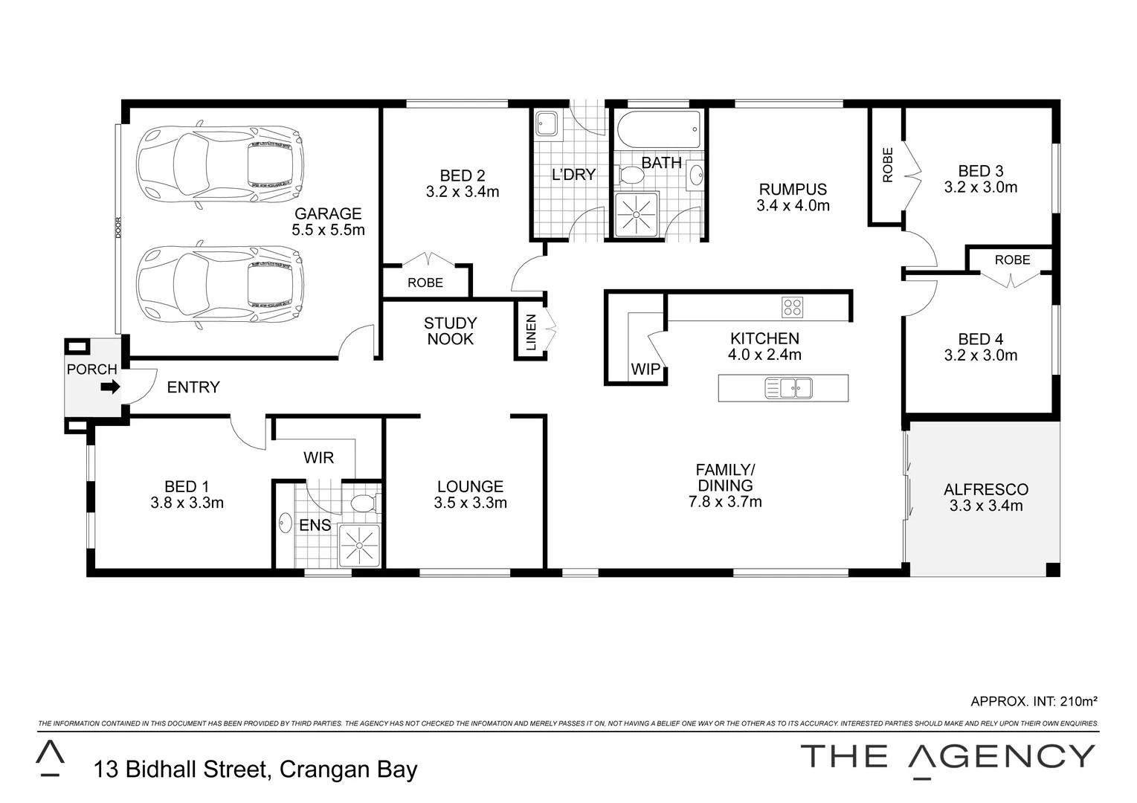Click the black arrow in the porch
110,387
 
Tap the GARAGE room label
328,214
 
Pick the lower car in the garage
220,284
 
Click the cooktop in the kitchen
792,306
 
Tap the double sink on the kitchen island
789,388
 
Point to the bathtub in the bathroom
659,130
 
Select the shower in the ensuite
358,545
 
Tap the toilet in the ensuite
364,503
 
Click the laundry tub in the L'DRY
546,123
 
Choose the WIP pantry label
645,370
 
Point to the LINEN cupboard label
530,333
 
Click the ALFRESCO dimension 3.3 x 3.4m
985,506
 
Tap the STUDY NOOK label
450,331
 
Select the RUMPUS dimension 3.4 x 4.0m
793,206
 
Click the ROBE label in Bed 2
425,283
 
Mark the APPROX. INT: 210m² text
1034,700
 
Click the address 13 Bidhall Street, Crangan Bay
255,770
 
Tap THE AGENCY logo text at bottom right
947,757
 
